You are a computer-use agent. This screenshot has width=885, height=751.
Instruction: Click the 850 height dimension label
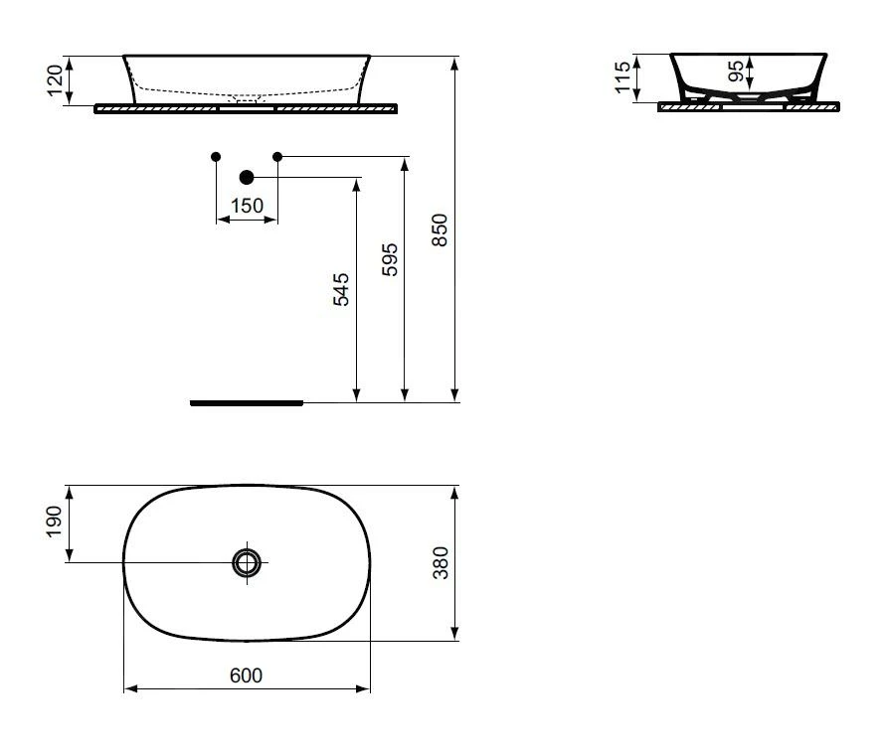442,229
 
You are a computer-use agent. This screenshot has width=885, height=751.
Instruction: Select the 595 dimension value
390,259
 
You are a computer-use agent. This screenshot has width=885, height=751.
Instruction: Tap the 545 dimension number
341,288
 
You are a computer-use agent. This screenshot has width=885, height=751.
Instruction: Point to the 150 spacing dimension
247,206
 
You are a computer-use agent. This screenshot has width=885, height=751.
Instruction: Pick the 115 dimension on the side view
622,76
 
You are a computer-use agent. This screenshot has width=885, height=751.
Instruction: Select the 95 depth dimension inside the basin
735,71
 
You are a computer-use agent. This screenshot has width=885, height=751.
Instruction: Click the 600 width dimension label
246,676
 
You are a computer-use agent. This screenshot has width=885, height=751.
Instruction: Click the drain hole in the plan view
246,562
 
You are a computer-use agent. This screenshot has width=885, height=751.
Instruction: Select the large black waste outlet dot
247,177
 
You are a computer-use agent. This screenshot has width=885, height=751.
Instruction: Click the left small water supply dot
216,156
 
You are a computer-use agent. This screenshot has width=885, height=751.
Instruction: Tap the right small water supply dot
277,156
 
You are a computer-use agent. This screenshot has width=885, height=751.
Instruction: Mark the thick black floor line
246,403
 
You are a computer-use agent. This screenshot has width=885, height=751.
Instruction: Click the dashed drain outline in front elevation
246,99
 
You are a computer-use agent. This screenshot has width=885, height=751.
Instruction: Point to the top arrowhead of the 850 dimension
454,62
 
